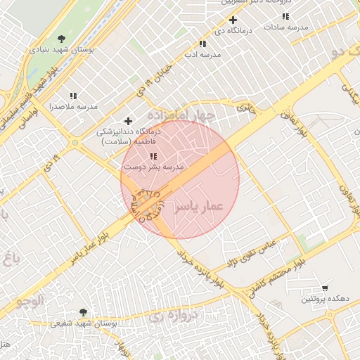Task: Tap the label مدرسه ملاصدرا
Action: coord(72,107)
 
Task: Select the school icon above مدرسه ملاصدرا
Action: coord(73,96)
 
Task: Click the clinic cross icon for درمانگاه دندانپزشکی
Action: coord(127,121)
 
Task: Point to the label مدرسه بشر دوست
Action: coord(154,167)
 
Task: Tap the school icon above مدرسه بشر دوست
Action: coord(153,156)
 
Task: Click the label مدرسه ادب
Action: coord(202,54)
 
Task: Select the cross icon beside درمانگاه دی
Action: coord(233,20)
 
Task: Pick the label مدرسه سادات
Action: coord(285,26)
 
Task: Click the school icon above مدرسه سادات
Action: coord(285,15)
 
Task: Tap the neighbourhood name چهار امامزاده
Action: coord(180,115)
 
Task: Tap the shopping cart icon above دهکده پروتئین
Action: coord(324,288)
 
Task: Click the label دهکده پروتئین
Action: coord(325,300)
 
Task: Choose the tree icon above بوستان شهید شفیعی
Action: coord(83,312)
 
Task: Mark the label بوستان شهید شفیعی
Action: coord(83,324)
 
